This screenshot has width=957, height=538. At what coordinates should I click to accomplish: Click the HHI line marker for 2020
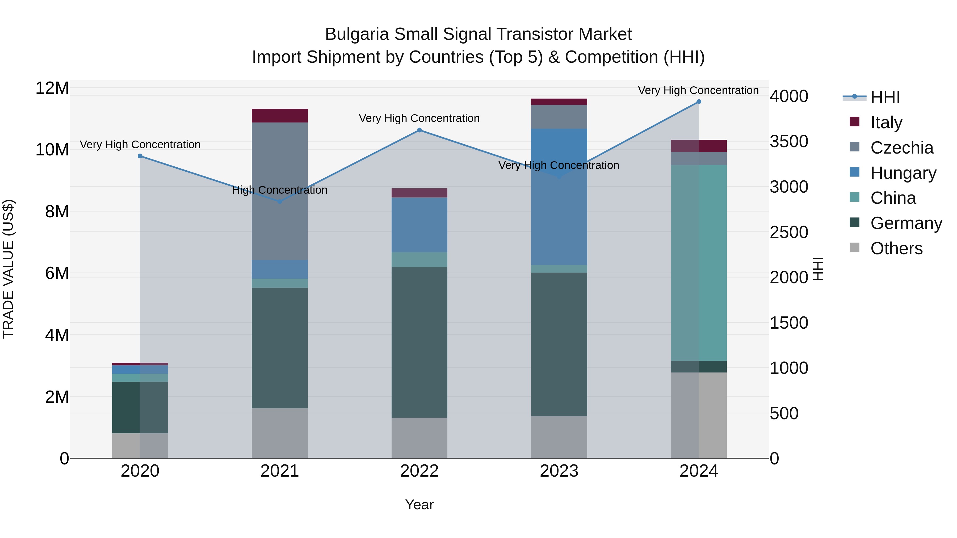pos(140,156)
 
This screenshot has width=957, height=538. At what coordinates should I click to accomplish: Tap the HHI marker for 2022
pos(419,130)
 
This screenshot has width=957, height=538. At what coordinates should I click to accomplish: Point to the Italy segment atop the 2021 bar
pos(280,116)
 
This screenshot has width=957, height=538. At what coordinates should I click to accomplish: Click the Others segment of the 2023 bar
pos(559,437)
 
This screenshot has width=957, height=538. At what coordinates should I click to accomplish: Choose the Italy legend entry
pos(886,122)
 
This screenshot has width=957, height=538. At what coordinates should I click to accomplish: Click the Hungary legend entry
pos(903,173)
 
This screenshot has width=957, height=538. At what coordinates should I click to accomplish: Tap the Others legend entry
pos(896,248)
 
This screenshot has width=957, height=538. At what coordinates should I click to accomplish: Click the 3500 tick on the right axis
pos(789,141)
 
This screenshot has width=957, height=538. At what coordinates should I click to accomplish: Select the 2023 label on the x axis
pos(559,471)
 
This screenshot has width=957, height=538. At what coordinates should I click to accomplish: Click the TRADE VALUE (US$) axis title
pos(8,269)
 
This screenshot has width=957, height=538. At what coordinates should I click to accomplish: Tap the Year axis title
pos(419,505)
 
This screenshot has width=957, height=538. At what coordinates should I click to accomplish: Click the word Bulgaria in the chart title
pos(357,34)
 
